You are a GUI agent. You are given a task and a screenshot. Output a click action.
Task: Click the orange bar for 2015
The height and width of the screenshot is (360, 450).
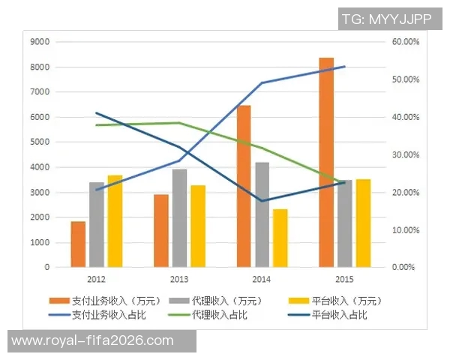click(x=326, y=162)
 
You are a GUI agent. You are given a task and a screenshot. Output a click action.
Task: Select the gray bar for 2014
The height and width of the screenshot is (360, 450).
click(x=262, y=214)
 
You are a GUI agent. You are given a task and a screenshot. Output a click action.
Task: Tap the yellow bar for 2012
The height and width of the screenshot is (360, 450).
click(x=115, y=221)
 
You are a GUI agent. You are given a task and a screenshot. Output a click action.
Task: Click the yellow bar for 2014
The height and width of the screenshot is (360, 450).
click(x=280, y=238)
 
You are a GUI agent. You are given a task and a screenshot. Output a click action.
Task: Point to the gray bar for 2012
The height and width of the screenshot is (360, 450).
click(x=97, y=224)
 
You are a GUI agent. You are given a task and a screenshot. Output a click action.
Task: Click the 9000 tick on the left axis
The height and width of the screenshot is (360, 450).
click(x=40, y=42)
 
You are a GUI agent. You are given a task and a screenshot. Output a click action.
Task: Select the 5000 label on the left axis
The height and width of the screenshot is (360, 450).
click(x=40, y=142)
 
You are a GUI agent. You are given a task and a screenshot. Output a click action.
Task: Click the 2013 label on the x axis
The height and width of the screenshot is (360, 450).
click(x=179, y=280)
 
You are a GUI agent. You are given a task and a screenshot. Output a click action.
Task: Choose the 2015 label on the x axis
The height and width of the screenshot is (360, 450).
click(x=344, y=280)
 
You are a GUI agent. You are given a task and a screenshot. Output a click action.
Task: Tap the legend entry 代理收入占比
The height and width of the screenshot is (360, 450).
click(x=218, y=314)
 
